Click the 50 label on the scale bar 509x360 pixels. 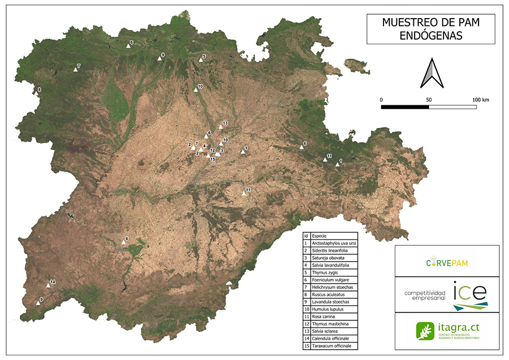click(429, 100)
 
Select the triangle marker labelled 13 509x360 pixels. click(221, 126)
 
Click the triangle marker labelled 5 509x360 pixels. click(200, 60)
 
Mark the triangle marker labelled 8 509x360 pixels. click(36, 93)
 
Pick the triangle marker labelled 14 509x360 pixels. click(48, 285)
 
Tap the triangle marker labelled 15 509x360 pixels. click(208, 155)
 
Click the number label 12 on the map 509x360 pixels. click(213, 150)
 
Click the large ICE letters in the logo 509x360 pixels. click(469, 291)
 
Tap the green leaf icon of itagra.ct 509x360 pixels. click(423, 331)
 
